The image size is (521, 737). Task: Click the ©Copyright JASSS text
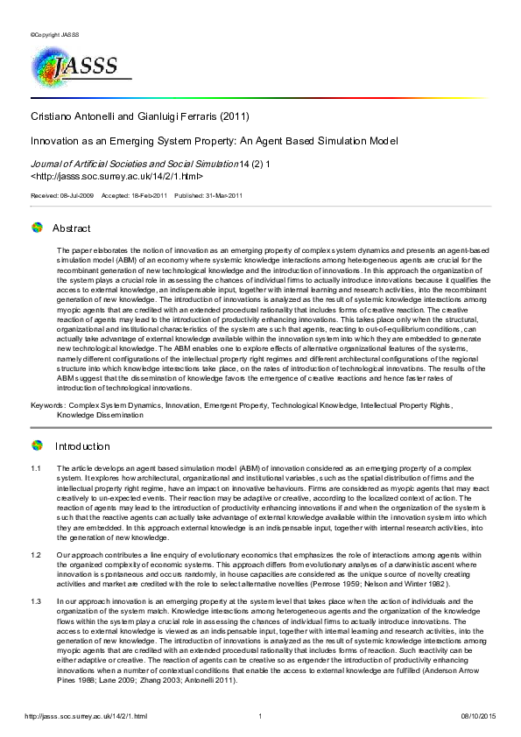[54, 34]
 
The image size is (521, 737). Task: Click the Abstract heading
[71, 228]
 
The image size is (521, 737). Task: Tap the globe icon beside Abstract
[37, 228]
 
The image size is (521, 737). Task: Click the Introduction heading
[82, 446]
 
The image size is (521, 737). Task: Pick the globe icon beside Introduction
[37, 445]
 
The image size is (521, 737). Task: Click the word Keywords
[46, 407]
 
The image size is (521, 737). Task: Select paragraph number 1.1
[36, 470]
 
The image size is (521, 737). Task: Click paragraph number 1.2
[36, 555]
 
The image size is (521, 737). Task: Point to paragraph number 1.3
[36, 601]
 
